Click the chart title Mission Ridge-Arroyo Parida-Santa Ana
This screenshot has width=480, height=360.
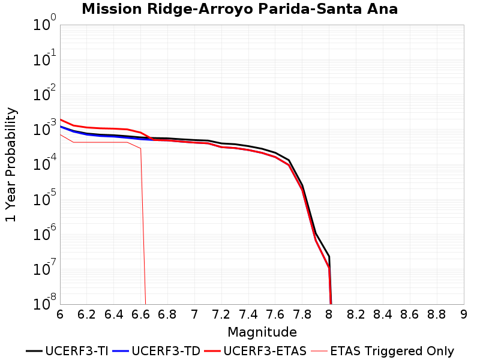[x=239, y=9]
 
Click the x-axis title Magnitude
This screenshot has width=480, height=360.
[x=262, y=332]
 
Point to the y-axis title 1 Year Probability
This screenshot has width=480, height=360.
[x=11, y=164]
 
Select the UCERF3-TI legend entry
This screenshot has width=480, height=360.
[x=67, y=351]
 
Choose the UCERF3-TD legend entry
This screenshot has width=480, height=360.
[x=157, y=351]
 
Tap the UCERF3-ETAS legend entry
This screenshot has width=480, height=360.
[x=256, y=351]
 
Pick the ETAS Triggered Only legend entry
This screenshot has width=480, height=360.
[x=382, y=351]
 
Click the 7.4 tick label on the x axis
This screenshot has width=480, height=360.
[x=248, y=314]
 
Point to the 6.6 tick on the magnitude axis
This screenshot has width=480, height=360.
[x=140, y=314]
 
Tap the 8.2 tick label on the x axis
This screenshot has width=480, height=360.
[x=356, y=314]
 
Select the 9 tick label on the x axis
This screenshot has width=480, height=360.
[x=464, y=314]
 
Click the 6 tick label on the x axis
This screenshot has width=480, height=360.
[x=60, y=314]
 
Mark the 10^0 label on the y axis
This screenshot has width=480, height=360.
[x=44, y=23]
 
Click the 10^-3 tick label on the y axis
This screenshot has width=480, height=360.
[x=44, y=128]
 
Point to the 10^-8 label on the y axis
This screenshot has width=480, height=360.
[x=44, y=303]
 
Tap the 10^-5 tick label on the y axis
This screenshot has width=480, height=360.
[x=44, y=198]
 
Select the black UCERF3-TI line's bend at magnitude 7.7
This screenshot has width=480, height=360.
[x=289, y=160]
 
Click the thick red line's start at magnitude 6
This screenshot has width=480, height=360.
[x=61, y=119]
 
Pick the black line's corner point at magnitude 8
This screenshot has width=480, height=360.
[x=329, y=257]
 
